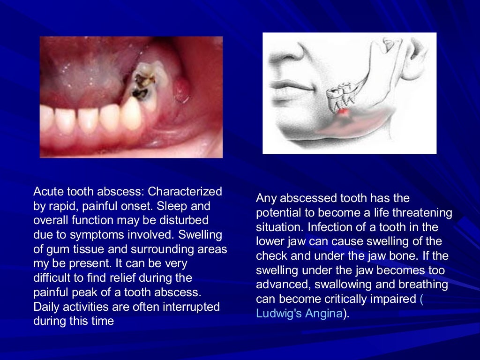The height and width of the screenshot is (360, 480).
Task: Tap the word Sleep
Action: coord(184,206)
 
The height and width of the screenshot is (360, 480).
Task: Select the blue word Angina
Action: coord(323,314)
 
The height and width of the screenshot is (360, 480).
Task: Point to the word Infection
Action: coord(326,227)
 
